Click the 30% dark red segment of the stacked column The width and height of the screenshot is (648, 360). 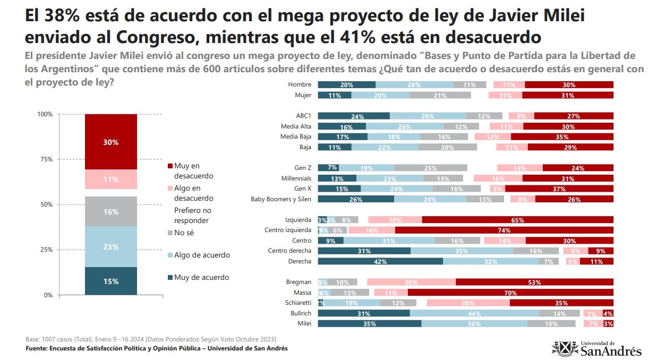click(111, 142)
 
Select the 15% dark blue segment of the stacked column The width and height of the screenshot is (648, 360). click(111, 281)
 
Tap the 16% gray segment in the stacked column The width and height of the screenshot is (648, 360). click(111, 211)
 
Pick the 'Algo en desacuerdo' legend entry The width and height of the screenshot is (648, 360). click(193, 193)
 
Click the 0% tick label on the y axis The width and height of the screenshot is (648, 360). click(48, 295)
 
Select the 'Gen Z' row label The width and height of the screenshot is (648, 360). click(303, 168)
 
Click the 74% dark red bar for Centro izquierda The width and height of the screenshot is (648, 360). click(504, 230)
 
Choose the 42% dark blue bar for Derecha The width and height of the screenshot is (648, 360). click(380, 261)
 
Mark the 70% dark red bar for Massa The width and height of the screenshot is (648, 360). click(510, 292)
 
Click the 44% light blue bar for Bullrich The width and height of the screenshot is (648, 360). click(474, 313)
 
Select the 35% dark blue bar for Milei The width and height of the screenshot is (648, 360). click(369, 323)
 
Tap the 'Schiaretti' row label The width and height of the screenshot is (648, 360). click(298, 303)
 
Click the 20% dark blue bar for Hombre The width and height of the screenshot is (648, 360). click(346, 85)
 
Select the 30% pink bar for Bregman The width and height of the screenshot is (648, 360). click(411, 282)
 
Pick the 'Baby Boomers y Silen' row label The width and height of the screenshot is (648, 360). click(281, 199)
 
